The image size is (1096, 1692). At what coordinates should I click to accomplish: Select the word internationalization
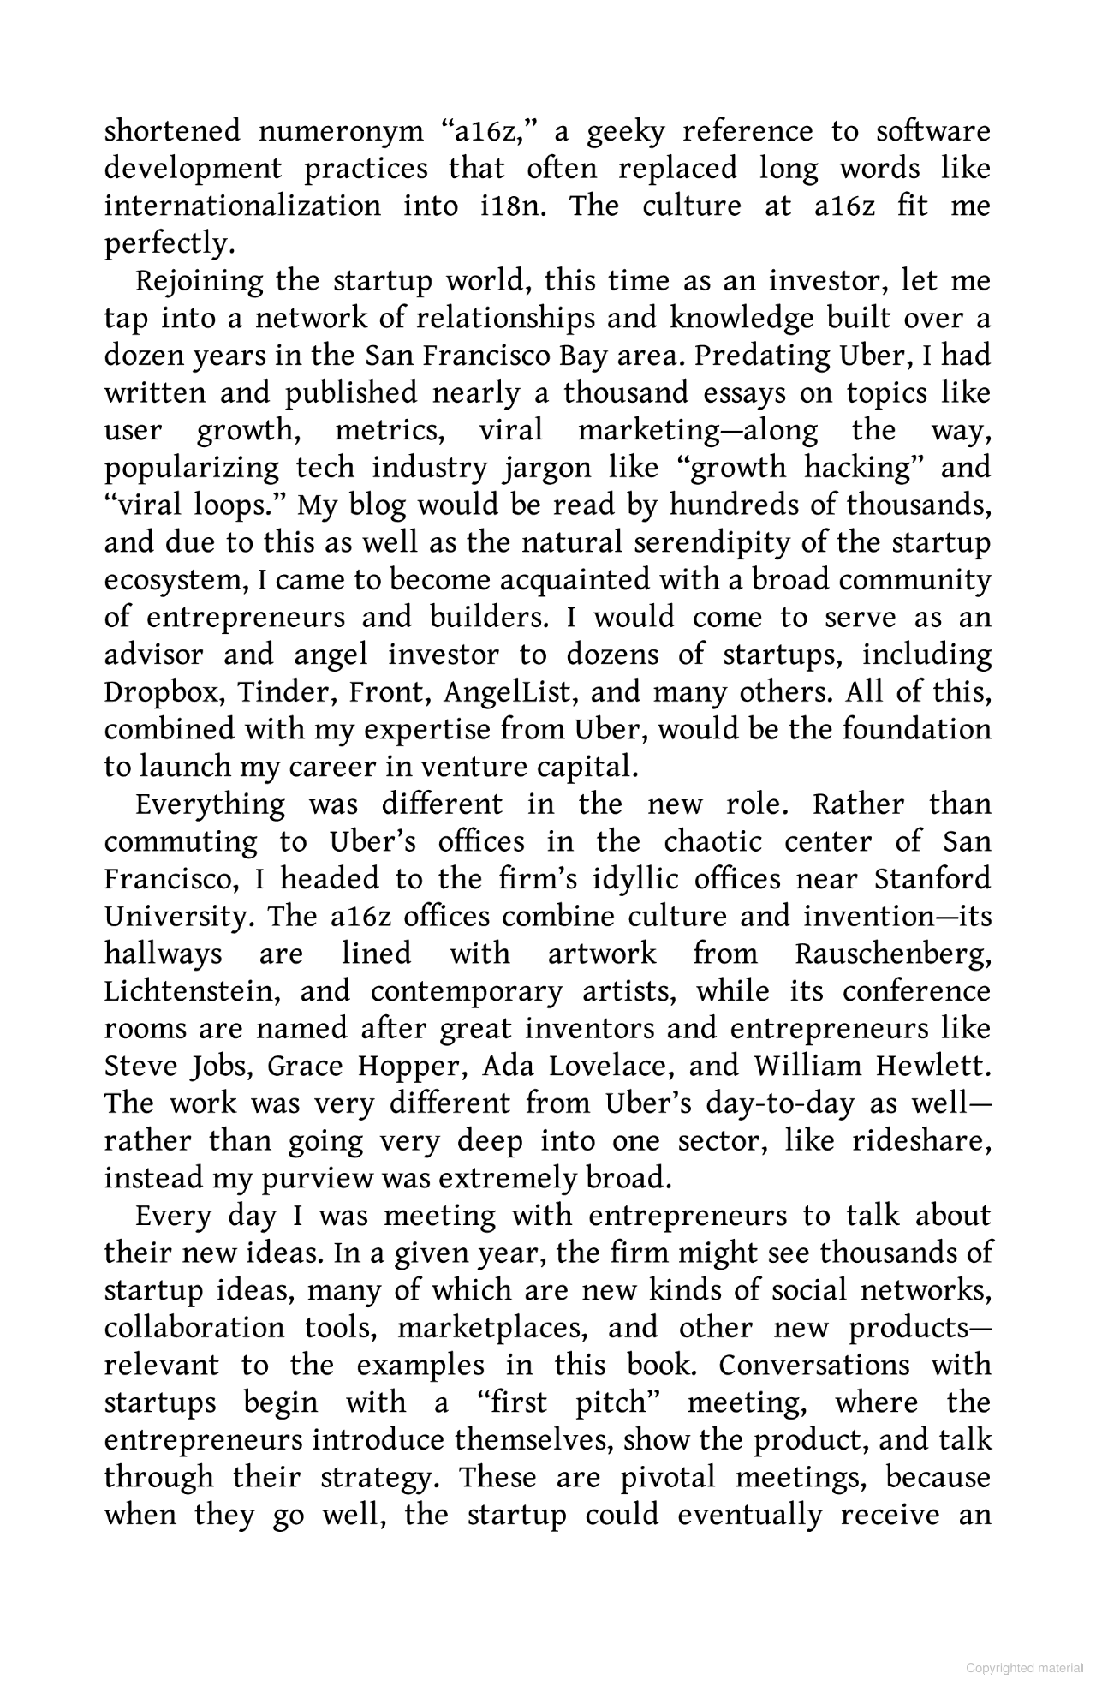[242, 206]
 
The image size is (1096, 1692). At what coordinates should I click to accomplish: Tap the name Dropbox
[163, 692]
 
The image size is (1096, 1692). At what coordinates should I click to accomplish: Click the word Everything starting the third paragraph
[211, 805]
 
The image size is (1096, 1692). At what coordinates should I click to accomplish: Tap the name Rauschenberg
[892, 954]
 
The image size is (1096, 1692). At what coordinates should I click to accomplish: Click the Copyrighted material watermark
[1023, 1668]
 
